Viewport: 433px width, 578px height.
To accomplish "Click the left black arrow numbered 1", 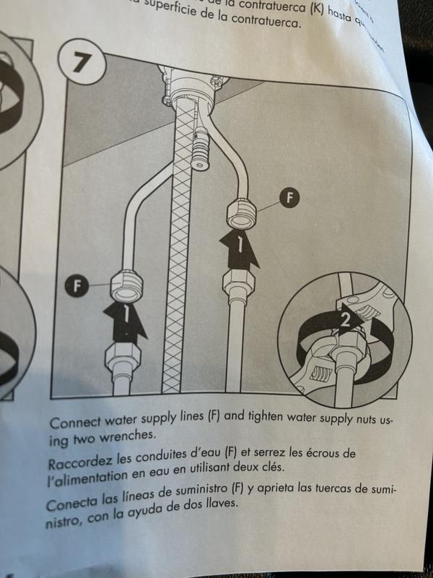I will pos(125,320).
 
